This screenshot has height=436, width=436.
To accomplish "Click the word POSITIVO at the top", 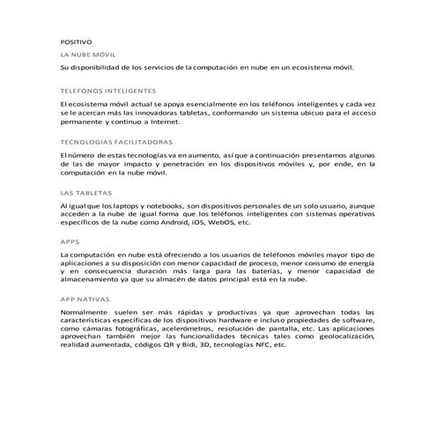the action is click(x=75, y=41).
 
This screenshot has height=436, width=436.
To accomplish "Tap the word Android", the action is click(x=182, y=224).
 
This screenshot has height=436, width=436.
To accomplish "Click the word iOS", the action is click(x=214, y=224).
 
